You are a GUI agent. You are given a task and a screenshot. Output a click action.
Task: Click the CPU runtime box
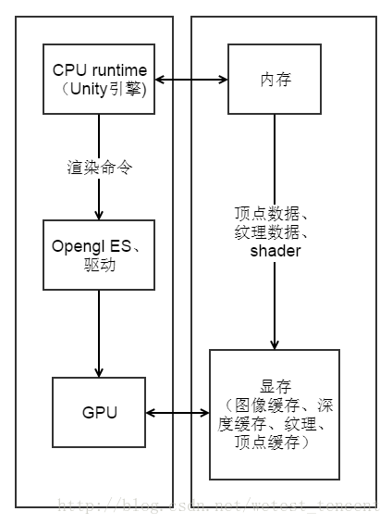[100, 80]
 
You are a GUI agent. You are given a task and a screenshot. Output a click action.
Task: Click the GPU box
[98, 413]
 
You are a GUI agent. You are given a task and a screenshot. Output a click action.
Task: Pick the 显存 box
[274, 413]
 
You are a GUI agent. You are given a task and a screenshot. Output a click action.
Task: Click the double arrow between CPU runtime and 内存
[191, 81]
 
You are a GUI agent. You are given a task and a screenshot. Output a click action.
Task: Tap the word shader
[275, 251]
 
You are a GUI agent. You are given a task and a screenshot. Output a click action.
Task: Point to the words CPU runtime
[100, 70]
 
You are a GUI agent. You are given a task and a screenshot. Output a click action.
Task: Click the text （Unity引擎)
[100, 90]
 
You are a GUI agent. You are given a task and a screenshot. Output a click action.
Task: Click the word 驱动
[98, 262]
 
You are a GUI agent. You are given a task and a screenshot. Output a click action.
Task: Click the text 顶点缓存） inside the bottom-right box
[275, 443]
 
